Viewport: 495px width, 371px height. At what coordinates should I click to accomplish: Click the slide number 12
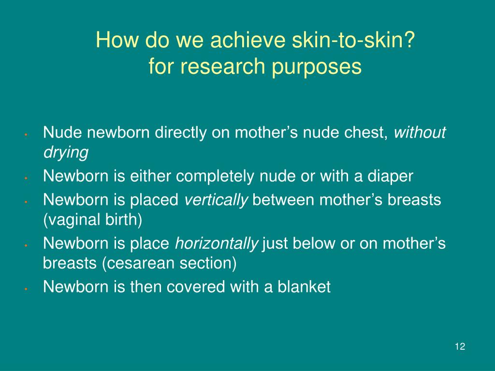click(460, 347)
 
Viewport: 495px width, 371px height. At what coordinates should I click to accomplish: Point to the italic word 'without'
click(420, 133)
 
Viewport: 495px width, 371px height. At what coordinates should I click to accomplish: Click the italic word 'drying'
click(66, 153)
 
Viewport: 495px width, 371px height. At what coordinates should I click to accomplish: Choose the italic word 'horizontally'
click(217, 244)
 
